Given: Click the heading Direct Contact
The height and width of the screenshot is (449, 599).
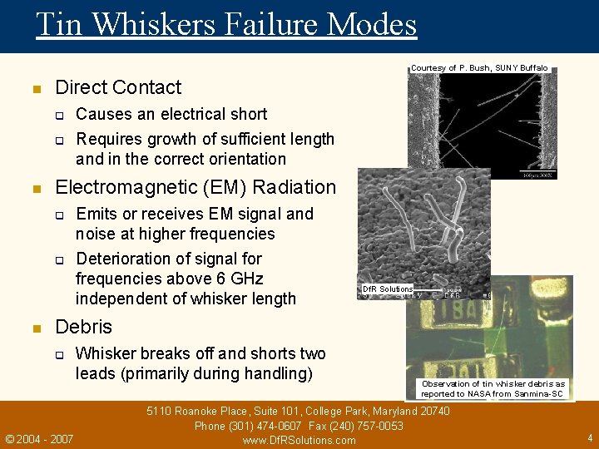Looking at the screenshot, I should click(x=117, y=87).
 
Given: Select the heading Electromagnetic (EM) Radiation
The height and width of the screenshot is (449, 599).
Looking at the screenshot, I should click(x=195, y=187).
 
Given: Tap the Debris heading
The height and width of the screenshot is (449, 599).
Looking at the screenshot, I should click(x=83, y=327).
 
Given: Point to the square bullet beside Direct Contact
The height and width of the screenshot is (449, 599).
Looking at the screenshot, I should click(x=36, y=88).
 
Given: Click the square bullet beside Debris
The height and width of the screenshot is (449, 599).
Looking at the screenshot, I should click(x=36, y=328).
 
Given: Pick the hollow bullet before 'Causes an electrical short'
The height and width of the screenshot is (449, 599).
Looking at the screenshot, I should click(x=60, y=115).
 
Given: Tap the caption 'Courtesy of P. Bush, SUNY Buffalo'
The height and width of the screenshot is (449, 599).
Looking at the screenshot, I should click(x=479, y=67).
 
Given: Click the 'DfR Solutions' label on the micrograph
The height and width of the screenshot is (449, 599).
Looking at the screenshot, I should click(x=388, y=289).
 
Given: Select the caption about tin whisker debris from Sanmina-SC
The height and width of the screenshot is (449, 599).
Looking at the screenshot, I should click(x=493, y=388).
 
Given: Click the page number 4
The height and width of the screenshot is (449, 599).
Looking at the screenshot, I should click(x=589, y=437).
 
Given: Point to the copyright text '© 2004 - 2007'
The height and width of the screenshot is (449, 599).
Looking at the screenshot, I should click(x=39, y=438).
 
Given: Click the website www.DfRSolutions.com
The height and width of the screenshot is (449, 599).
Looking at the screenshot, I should click(x=299, y=440).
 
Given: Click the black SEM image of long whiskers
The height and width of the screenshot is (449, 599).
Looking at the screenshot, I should click(x=483, y=125).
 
